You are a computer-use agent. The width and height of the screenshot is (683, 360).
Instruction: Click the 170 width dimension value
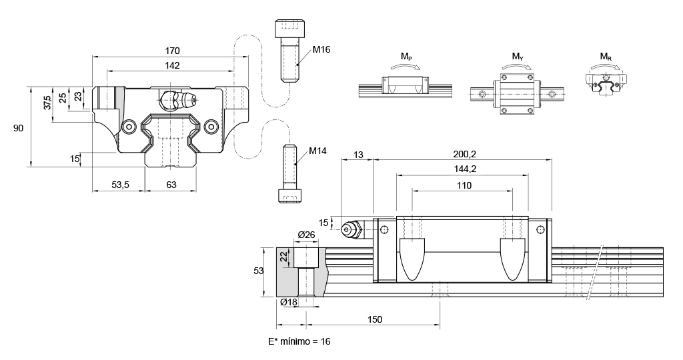(171, 51)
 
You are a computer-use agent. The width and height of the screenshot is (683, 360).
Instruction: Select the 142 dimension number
(171, 65)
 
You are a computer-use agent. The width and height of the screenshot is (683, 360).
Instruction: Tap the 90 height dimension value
(19, 128)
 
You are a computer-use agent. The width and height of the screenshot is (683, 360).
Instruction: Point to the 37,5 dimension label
(47, 103)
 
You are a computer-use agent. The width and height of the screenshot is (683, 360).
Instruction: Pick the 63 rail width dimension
(171, 185)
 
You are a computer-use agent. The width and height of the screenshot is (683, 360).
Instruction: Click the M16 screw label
(321, 49)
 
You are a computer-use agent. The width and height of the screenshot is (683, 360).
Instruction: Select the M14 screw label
(317, 151)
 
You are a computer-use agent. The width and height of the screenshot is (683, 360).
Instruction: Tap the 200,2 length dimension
(464, 154)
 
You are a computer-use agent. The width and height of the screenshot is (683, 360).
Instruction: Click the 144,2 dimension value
(464, 169)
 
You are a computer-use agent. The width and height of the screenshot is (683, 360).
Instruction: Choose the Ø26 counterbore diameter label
(306, 235)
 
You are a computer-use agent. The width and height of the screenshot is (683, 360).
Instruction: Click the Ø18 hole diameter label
(289, 302)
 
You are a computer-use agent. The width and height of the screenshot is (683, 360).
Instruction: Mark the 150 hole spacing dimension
(374, 320)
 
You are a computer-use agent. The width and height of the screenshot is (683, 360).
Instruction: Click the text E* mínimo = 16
(299, 341)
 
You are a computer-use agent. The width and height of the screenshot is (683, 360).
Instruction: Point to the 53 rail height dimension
(260, 271)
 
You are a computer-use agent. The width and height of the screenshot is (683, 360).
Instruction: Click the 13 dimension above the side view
(358, 154)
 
